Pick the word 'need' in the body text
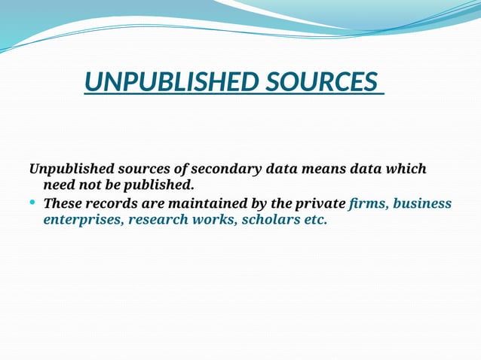coord(60,185)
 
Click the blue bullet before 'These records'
coord(33,203)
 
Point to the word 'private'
coord(320,204)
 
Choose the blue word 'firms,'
coord(369,204)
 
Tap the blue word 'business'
coord(422,204)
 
